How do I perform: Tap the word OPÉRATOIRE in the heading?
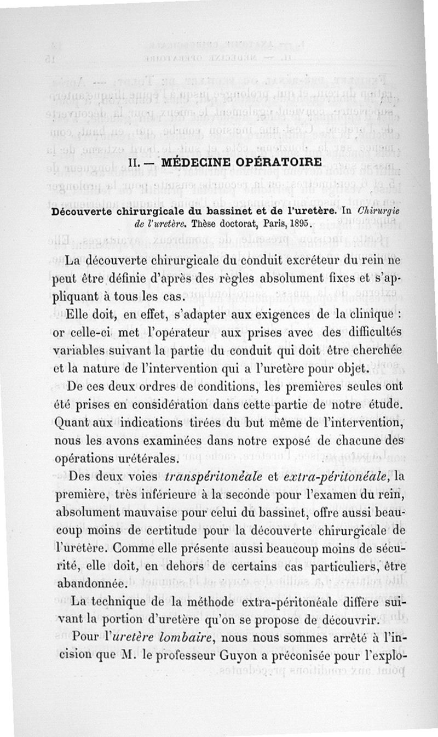point(277,163)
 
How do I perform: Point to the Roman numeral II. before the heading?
point(134,163)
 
